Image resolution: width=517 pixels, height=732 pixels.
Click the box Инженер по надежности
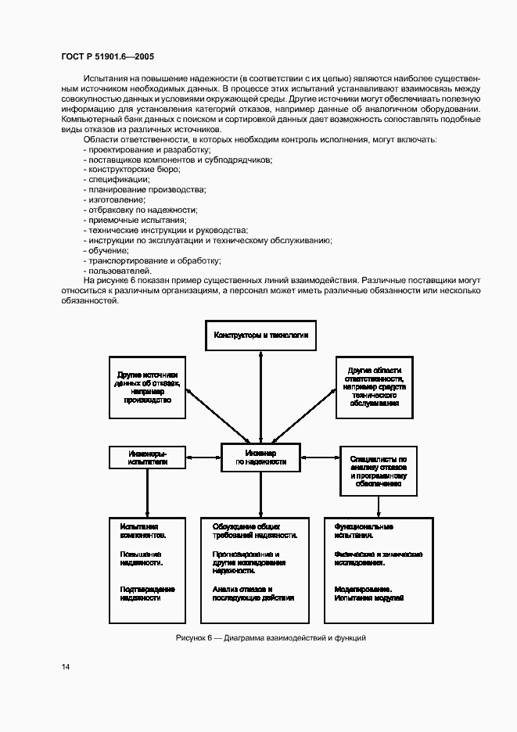coord(260,457)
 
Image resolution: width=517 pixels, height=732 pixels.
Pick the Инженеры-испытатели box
coord(147,457)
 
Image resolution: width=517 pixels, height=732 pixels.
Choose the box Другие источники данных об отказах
coord(147,386)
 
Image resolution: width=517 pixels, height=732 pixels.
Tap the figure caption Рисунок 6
coord(271,637)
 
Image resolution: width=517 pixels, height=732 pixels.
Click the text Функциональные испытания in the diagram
coord(363,531)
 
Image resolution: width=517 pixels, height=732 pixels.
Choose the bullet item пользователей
coord(117,271)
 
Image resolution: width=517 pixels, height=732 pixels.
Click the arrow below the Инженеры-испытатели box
coord(147,493)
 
